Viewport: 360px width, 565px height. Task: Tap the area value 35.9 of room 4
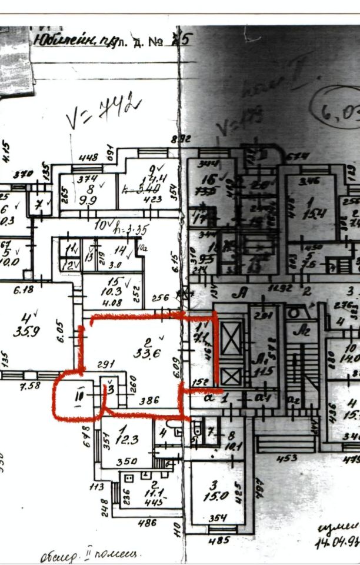coord(26,331)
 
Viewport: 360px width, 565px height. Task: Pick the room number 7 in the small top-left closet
coord(39,204)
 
